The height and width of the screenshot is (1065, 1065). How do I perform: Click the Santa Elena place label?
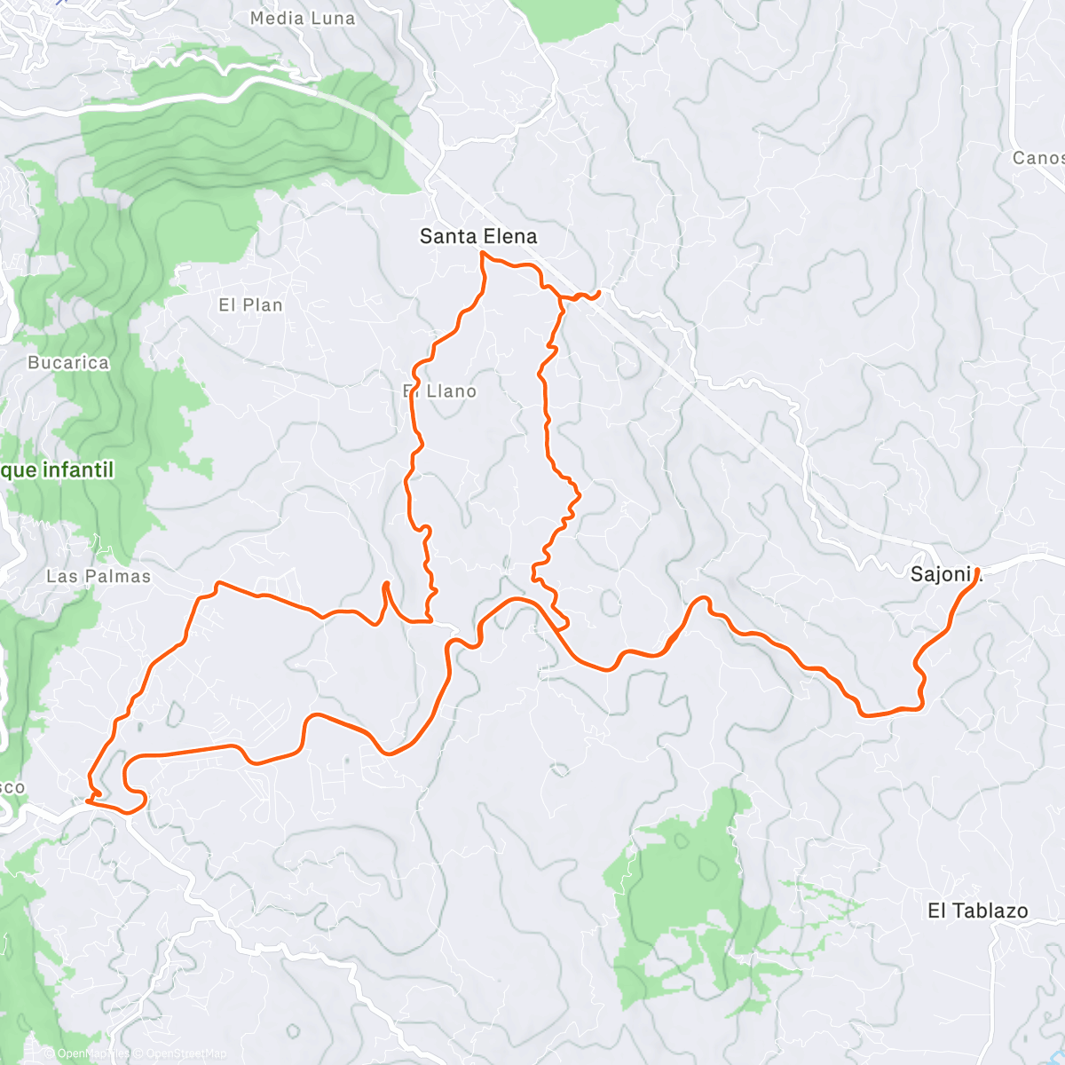click(478, 237)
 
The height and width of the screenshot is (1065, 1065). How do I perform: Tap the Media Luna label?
click(303, 19)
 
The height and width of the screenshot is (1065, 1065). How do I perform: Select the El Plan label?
click(250, 305)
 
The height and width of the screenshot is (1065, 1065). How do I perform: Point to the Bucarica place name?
click(68, 363)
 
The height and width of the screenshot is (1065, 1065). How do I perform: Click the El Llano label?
click(440, 391)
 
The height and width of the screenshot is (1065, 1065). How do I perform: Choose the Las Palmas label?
click(99, 577)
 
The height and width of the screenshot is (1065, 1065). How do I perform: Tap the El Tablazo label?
click(978, 911)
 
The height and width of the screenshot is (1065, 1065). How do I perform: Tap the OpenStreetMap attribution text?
click(186, 1053)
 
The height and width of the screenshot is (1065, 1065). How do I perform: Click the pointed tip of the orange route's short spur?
click(386, 583)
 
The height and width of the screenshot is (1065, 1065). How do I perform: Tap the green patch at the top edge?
click(577, 18)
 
